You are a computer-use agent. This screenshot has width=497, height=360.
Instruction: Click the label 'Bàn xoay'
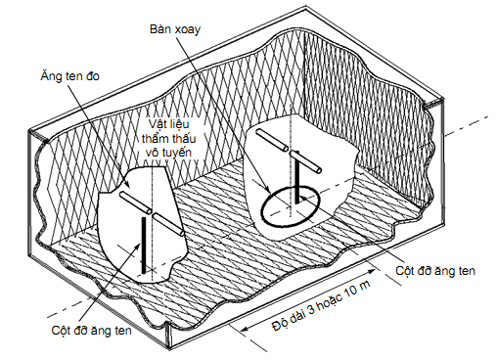(x=175, y=29)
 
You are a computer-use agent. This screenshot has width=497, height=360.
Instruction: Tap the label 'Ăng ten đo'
(x=69, y=76)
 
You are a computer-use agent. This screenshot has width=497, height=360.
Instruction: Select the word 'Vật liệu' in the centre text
(x=169, y=124)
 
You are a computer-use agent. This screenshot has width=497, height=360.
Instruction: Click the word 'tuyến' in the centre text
(x=177, y=153)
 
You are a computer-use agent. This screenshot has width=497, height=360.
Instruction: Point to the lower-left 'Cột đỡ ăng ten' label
(x=92, y=331)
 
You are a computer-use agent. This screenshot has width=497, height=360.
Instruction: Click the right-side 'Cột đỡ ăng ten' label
(x=435, y=271)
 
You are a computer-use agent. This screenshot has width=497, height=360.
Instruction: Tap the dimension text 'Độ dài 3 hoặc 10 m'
(x=321, y=305)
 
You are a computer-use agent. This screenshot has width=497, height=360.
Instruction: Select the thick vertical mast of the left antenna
(x=143, y=245)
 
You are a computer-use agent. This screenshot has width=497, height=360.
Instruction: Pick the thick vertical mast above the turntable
(x=296, y=177)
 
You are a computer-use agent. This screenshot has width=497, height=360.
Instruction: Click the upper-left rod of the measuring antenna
(x=135, y=202)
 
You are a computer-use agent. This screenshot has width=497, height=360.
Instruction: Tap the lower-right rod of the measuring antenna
(x=168, y=224)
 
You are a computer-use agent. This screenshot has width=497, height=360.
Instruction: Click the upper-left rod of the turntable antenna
(x=272, y=140)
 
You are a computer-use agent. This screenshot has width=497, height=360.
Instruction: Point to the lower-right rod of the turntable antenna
(x=305, y=161)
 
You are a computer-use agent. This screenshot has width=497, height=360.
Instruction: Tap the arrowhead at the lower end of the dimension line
(x=245, y=328)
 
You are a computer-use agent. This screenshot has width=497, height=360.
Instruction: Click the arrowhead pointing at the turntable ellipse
(x=266, y=190)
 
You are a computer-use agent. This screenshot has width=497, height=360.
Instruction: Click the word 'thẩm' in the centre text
(x=154, y=139)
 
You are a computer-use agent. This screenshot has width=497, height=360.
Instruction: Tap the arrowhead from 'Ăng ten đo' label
(x=127, y=184)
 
